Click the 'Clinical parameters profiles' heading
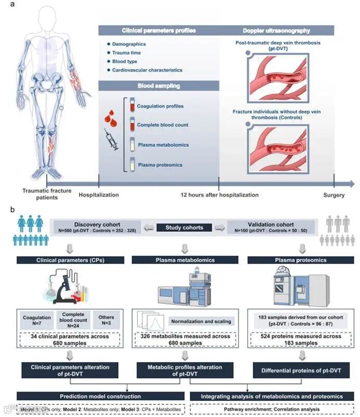point(159,31)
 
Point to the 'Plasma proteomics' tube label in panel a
point(159,165)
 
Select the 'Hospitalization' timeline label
point(99,195)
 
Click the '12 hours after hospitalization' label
point(219,195)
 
